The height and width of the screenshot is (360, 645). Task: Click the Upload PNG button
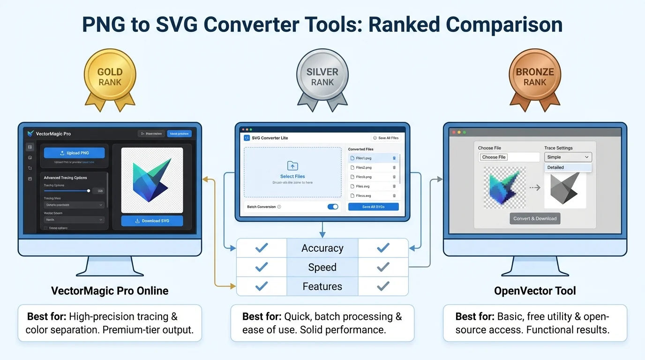(75, 153)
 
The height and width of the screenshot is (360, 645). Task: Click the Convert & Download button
(535, 218)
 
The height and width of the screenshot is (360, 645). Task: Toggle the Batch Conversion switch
(333, 207)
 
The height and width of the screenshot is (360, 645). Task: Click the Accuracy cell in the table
(322, 248)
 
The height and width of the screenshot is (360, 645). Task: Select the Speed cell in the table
(322, 267)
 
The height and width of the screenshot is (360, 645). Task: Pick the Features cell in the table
(322, 286)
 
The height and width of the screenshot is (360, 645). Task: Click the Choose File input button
(494, 157)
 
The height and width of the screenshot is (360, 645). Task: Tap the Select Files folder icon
(292, 166)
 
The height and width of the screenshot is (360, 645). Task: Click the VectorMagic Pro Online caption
(110, 291)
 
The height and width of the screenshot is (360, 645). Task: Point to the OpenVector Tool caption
(535, 291)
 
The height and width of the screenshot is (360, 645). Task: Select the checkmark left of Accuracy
(261, 248)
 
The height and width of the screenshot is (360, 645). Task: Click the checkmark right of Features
(383, 286)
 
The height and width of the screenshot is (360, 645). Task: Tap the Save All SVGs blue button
(373, 207)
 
